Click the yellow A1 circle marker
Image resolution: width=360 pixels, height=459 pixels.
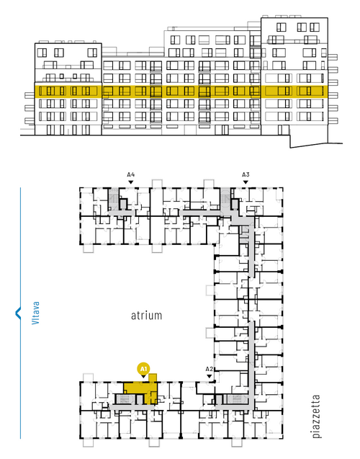click(x=143, y=369)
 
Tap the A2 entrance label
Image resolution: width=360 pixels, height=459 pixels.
click(x=209, y=369)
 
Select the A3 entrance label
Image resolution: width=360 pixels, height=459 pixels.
click(x=246, y=175)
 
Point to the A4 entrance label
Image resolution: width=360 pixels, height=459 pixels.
click(x=131, y=175)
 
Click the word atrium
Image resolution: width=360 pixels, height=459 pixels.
click(x=146, y=316)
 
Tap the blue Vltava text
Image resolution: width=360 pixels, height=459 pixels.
click(x=36, y=313)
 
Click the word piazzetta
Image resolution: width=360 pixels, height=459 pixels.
click(x=316, y=416)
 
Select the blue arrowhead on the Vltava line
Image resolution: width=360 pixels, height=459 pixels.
click(x=18, y=313)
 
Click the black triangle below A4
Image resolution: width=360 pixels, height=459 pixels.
click(x=131, y=182)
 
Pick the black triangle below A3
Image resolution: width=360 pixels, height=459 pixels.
click(x=246, y=182)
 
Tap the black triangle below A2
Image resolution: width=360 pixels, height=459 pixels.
click(x=209, y=376)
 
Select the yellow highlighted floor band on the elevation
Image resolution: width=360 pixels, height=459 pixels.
click(x=181, y=92)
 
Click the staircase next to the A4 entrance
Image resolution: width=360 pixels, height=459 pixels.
click(x=113, y=199)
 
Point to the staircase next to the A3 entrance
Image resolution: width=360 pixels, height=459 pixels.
click(x=225, y=198)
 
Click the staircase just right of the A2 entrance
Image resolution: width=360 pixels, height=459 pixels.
click(x=237, y=399)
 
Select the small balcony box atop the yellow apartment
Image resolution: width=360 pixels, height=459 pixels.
click(x=153, y=378)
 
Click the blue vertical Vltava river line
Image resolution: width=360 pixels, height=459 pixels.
click(x=20, y=313)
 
